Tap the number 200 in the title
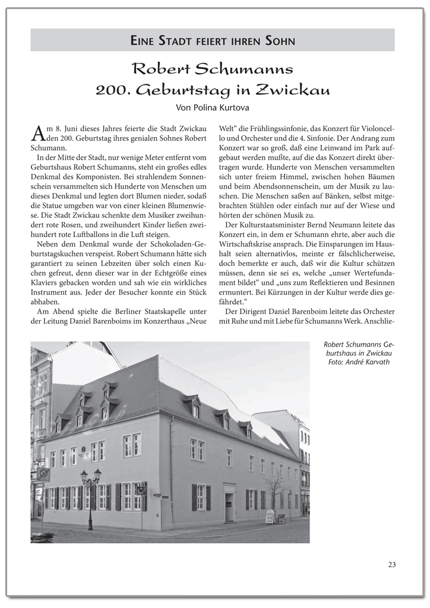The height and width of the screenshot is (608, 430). click(111, 90)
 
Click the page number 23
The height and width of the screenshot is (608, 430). click(391, 565)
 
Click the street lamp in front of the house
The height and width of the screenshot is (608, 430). click(90, 493)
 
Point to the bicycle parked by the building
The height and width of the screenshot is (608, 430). click(280, 518)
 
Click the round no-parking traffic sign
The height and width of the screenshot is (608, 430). click(43, 474)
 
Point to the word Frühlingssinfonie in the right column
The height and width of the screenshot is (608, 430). click(269, 129)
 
